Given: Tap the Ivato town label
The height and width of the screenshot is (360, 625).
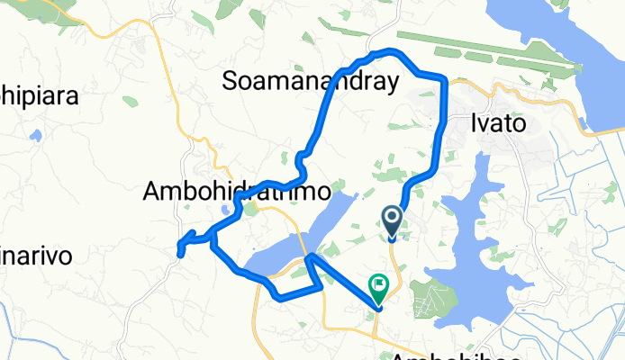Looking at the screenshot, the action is coord(498,123).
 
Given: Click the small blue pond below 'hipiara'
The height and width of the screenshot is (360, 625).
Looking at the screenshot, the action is coord(36,137).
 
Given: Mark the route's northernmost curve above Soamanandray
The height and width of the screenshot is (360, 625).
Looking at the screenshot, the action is coord(389,50).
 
